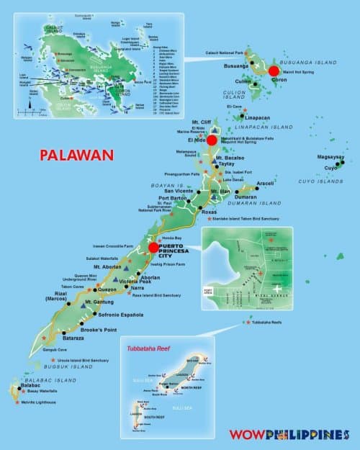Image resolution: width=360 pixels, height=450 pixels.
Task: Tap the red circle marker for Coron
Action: tap(274, 71)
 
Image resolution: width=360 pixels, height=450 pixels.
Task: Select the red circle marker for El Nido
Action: tap(212, 140)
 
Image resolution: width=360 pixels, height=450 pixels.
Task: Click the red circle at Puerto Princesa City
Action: tap(153, 248)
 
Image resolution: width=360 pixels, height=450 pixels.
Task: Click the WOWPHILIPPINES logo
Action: tap(289, 435)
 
